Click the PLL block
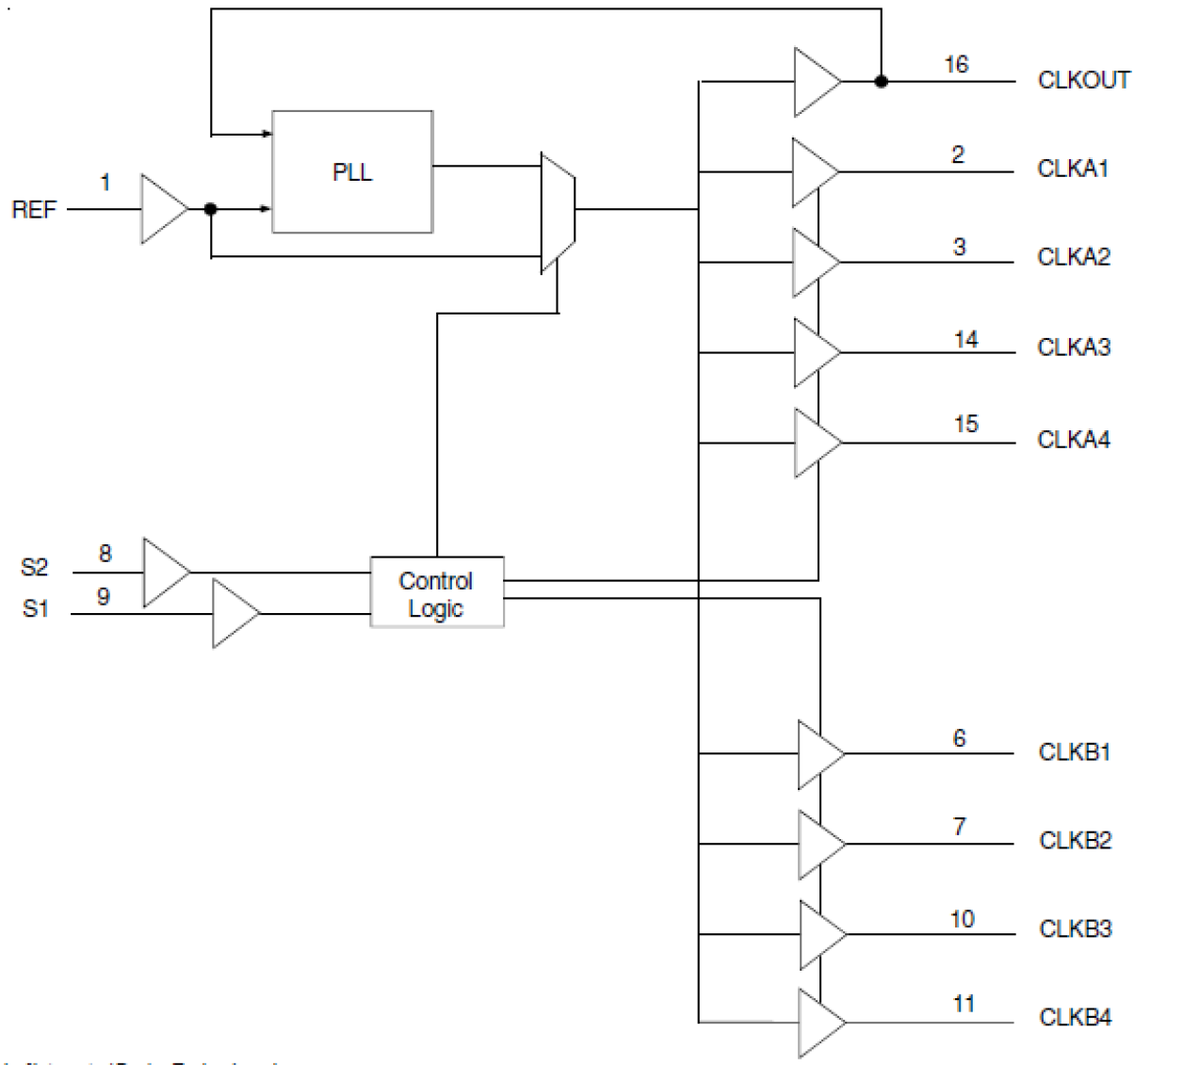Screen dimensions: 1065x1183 (352, 171)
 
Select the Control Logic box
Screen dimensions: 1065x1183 (436, 593)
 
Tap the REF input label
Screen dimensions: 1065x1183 (34, 209)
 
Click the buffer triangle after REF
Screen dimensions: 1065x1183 (162, 209)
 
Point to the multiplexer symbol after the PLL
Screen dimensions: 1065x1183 (558, 211)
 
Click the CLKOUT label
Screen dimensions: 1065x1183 (1083, 80)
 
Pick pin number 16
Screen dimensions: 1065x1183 (956, 64)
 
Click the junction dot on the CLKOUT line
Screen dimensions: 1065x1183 (881, 82)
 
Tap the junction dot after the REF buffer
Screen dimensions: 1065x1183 (210, 209)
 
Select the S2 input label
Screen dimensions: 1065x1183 (34, 567)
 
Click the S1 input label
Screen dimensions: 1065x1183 (35, 609)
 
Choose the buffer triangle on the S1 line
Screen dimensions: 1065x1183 (234, 614)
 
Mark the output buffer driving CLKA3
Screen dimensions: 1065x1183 (815, 353)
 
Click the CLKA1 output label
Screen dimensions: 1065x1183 (1073, 169)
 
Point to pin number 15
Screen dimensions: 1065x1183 (965, 424)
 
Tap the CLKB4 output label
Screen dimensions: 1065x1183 (1075, 1017)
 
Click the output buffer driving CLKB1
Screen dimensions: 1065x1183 (818, 754)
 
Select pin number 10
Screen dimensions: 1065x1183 (962, 919)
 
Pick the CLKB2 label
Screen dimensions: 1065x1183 (1075, 840)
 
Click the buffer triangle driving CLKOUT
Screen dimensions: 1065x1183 (815, 82)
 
